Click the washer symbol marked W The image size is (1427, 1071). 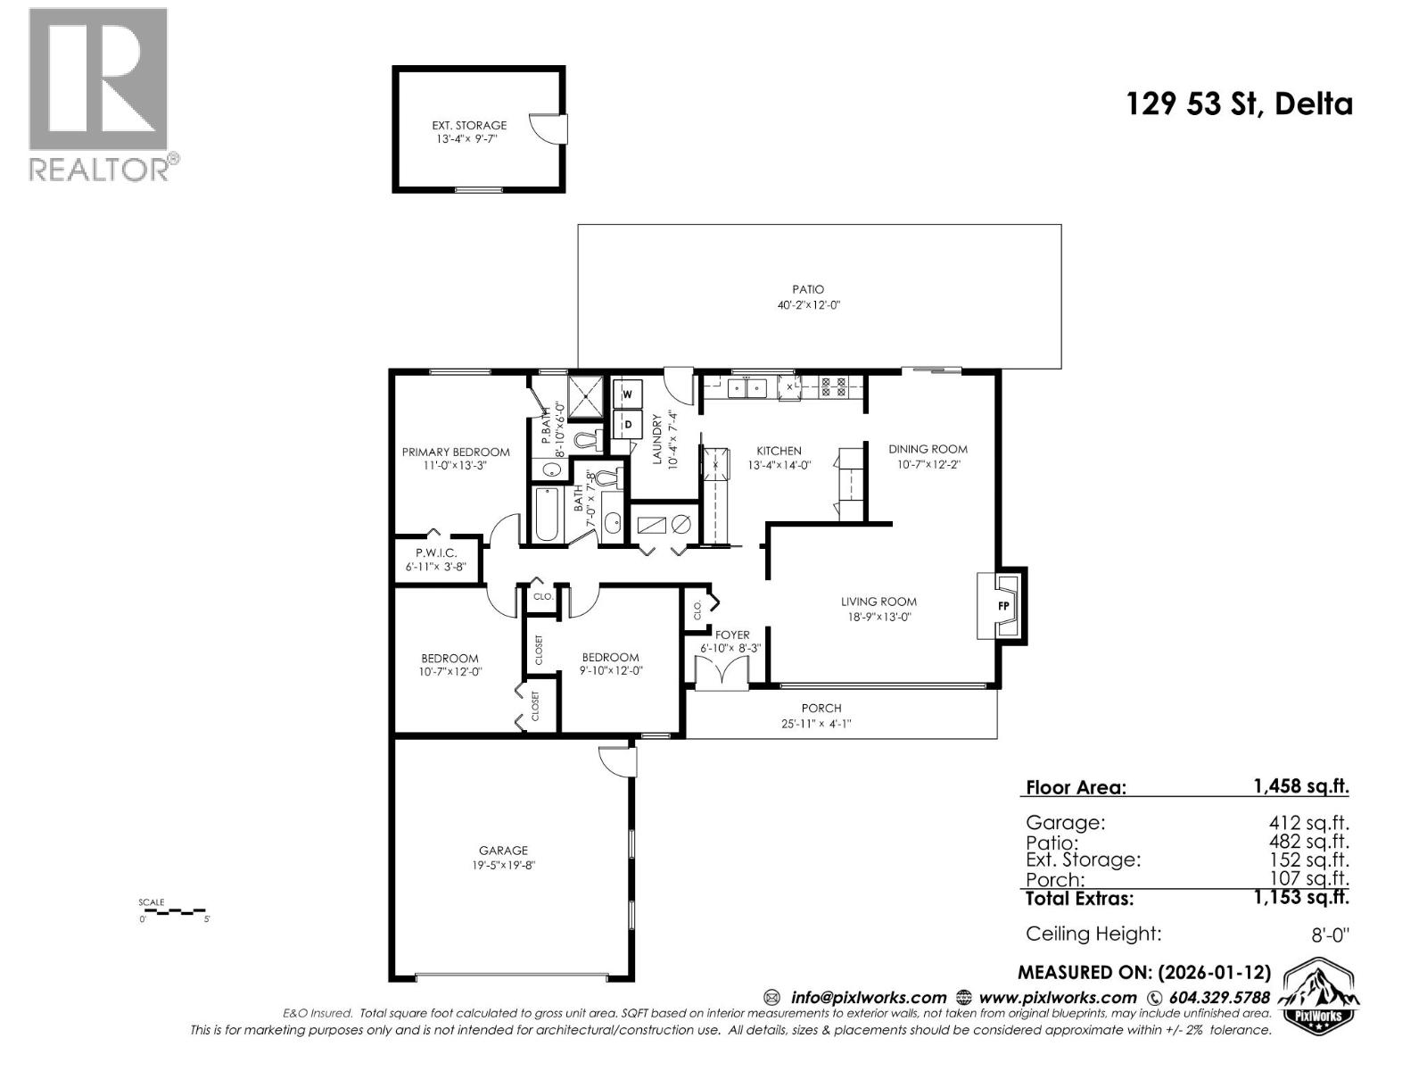(627, 394)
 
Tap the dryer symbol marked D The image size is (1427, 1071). (627, 424)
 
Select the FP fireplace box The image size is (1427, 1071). (1003, 605)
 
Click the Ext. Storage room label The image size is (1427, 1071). (469, 126)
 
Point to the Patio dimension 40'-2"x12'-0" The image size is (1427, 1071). (809, 305)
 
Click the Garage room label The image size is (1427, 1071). (503, 851)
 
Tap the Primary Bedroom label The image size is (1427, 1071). (456, 452)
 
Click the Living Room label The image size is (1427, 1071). (878, 602)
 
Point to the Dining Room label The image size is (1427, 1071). (928, 449)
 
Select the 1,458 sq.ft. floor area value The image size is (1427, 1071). (1300, 786)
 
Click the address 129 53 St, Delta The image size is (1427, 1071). (1240, 104)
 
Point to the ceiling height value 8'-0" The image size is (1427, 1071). (1327, 934)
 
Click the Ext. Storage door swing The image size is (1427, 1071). (547, 128)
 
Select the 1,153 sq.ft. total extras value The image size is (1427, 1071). (1300, 898)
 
